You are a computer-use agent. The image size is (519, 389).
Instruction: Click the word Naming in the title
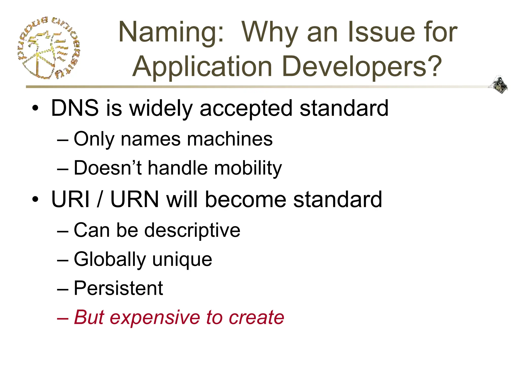coord(171,32)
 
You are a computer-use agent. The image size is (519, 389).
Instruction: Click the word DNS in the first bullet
coord(75,108)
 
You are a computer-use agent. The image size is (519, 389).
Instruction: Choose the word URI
coord(70,199)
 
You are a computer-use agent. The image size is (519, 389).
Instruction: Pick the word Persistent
coord(118,288)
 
